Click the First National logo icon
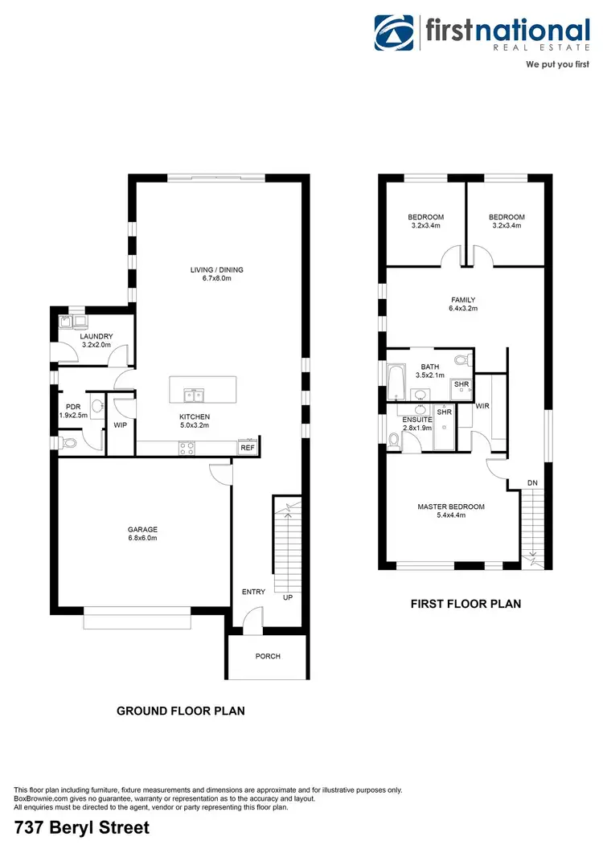pyautogui.click(x=395, y=32)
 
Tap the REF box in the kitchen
pyautogui.click(x=247, y=448)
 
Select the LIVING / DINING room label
pyautogui.click(x=215, y=274)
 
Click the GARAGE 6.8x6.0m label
pyautogui.click(x=142, y=534)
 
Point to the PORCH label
pyautogui.click(x=268, y=656)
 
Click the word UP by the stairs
pyautogui.click(x=287, y=598)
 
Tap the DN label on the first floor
pyautogui.click(x=532, y=482)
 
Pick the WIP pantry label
pyautogui.click(x=121, y=424)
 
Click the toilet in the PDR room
pyautogui.click(x=69, y=442)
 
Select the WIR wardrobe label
pyautogui.click(x=482, y=407)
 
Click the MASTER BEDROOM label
pyautogui.click(x=451, y=511)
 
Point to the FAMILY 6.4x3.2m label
pyautogui.click(x=463, y=303)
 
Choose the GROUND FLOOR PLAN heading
pyautogui.click(x=181, y=711)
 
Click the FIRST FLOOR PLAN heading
pyautogui.click(x=466, y=603)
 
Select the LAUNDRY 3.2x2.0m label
pyautogui.click(x=96, y=341)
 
